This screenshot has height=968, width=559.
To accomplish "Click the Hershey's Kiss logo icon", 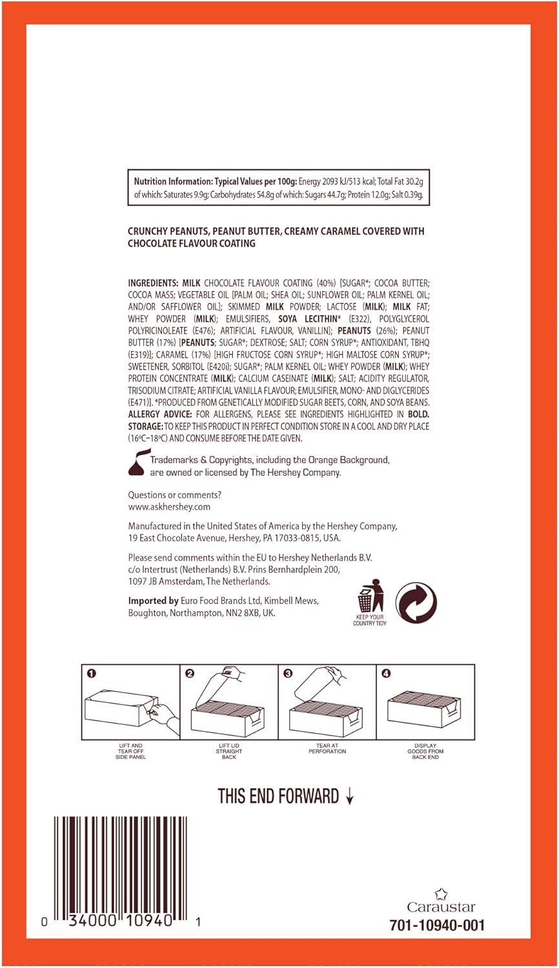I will (x=138, y=464).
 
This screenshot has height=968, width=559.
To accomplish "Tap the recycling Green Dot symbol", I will (x=416, y=603).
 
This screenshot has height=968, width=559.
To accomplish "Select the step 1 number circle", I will (x=92, y=674).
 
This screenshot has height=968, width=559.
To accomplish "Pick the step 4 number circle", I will (x=386, y=674).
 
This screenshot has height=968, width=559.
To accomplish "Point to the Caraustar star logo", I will (x=441, y=894).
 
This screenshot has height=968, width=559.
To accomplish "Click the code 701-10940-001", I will (x=437, y=925).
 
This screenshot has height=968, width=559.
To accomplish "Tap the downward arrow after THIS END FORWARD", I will (x=349, y=798).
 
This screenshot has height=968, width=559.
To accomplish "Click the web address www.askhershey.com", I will (x=169, y=507).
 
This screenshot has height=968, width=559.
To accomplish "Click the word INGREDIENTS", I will (x=152, y=283).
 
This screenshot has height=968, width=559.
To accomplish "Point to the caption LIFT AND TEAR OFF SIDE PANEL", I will (x=130, y=751).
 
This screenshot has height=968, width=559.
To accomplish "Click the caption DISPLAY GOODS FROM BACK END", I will (x=425, y=751).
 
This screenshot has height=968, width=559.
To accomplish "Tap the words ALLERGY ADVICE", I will (x=159, y=414).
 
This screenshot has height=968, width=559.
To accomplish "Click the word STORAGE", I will (x=145, y=427).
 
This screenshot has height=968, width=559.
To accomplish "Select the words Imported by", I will (x=153, y=601).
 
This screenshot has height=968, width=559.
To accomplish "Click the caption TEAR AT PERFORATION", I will (x=327, y=749).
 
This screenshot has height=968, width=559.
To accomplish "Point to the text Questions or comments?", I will (x=174, y=495).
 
